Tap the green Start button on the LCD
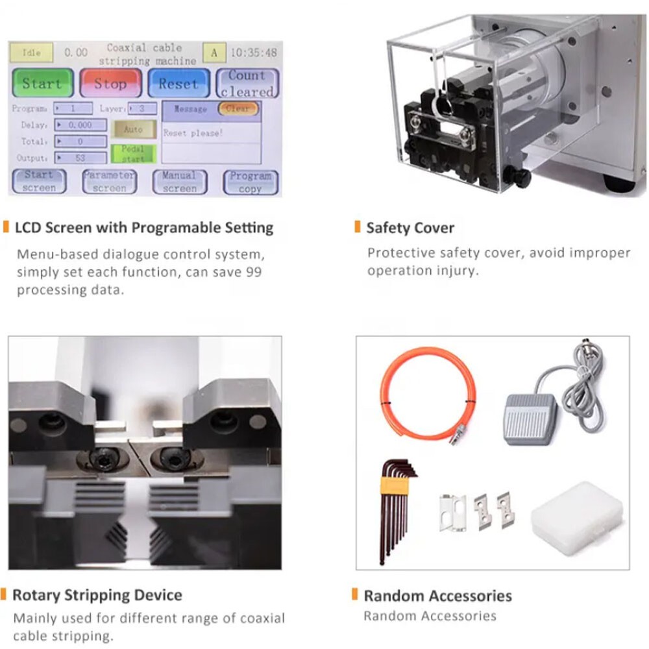[43, 83]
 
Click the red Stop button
[110, 83]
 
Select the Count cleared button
[247, 83]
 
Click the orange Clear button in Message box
[238, 108]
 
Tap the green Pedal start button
[133, 154]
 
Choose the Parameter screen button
[109, 181]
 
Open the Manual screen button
[180, 182]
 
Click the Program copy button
[251, 182]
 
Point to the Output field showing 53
[80, 158]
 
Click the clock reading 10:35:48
[253, 53]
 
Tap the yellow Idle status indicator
[31, 53]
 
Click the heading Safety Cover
[410, 228]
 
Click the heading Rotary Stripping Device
[97, 594]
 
